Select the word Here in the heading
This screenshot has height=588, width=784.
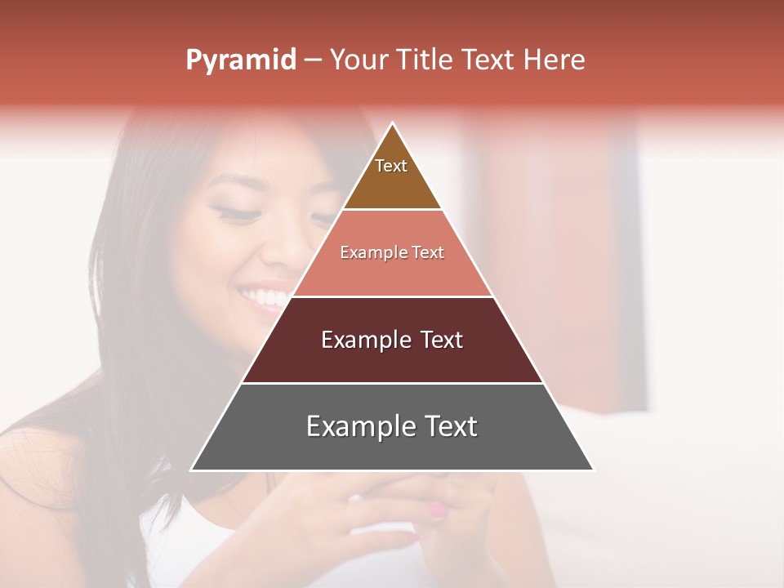555,60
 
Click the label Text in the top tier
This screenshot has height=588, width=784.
391,166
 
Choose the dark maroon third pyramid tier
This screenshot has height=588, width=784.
392,359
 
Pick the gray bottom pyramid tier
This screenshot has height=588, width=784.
392,449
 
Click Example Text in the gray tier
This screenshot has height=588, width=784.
392,426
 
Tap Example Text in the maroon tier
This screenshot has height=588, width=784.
392,340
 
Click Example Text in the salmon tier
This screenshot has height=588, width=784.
392,252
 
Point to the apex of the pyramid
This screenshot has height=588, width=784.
393,124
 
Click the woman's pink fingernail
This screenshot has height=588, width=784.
439,510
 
